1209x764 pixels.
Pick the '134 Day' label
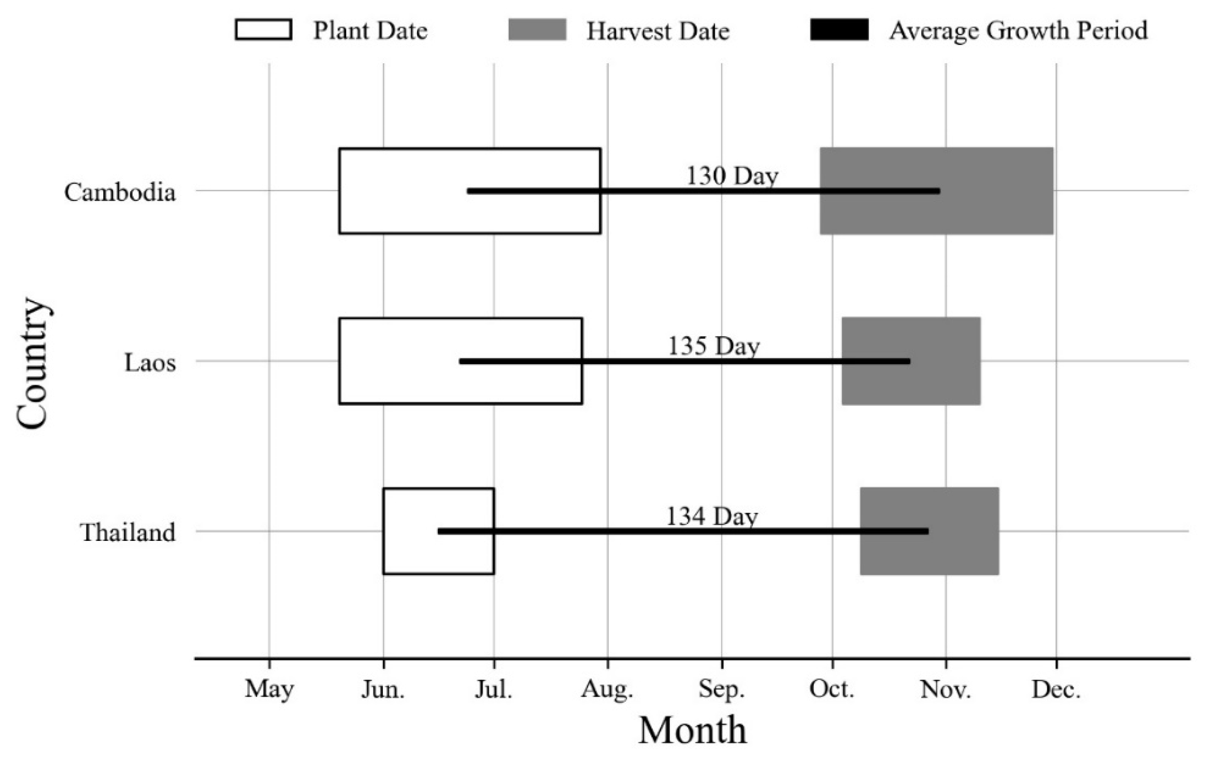click(x=712, y=517)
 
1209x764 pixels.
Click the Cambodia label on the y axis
click(x=120, y=192)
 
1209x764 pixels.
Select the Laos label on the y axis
click(x=150, y=362)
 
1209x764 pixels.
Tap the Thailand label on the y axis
click(x=128, y=532)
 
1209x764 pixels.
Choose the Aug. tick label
click(x=607, y=689)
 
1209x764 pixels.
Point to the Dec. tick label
click(x=1056, y=689)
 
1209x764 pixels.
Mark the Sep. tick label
click(x=721, y=689)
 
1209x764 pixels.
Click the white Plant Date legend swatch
click(x=264, y=30)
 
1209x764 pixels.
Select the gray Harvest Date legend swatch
click(x=537, y=30)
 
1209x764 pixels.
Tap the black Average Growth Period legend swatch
click(x=839, y=30)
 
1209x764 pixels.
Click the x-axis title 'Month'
click(x=692, y=731)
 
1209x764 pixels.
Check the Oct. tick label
click(x=831, y=689)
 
